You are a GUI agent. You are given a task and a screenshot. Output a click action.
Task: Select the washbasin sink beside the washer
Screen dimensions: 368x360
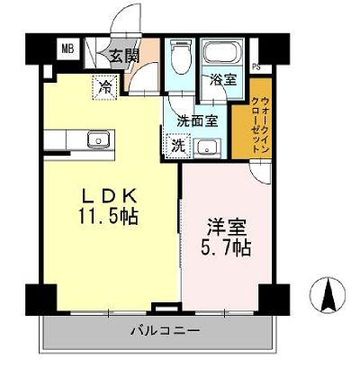click(x=206, y=147)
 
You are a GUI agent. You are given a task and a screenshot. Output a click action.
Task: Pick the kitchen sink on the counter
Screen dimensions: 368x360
click(x=93, y=139)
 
